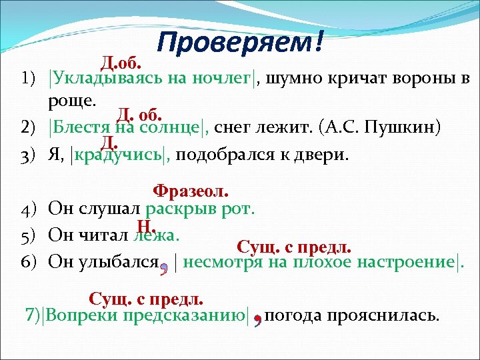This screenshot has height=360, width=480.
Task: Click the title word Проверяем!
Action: pos(241,43)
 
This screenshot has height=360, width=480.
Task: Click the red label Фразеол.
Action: pos(191,191)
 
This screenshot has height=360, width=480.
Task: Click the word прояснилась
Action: pos(397,315)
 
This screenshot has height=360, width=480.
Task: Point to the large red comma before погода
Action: pos(257,319)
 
